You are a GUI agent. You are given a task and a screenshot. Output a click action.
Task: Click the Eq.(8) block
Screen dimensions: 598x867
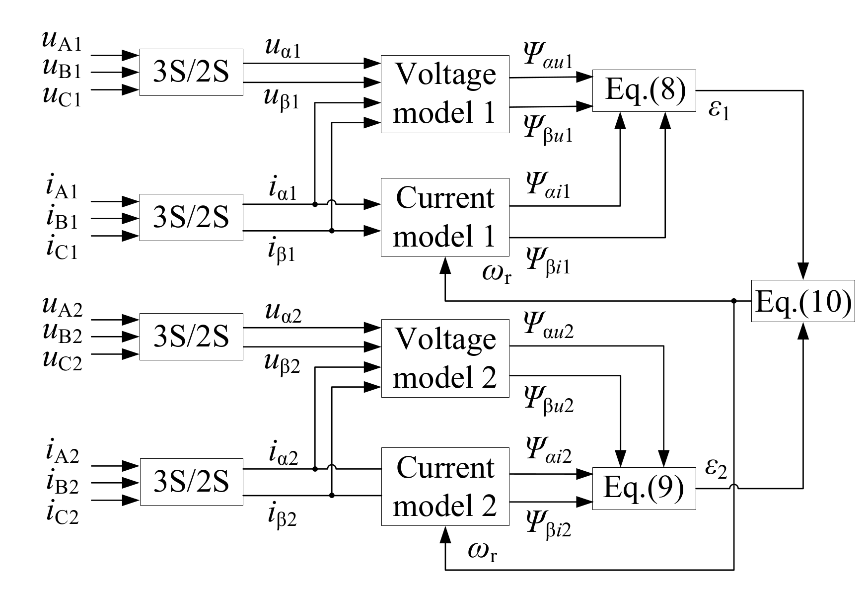click(644, 90)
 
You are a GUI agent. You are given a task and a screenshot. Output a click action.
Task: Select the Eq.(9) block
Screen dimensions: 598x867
click(644, 488)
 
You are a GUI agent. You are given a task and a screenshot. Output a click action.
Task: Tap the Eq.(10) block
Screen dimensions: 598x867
click(803, 301)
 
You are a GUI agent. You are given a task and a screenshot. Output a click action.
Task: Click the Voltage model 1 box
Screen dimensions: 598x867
click(445, 94)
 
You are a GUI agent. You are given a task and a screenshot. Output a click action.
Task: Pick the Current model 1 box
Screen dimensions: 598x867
click(445, 217)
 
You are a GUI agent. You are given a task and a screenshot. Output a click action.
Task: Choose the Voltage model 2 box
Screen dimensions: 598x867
click(445, 358)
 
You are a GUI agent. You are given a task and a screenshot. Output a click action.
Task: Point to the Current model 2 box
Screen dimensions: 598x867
click(445, 487)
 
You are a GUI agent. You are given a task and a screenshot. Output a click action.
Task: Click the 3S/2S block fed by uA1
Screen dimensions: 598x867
click(191, 72)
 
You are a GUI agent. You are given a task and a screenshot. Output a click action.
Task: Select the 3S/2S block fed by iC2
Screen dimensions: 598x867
click(191, 482)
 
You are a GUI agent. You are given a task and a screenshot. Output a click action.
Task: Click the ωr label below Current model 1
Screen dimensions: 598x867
click(496, 273)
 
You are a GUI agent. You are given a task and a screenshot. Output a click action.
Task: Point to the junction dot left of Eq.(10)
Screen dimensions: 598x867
click(734, 301)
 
